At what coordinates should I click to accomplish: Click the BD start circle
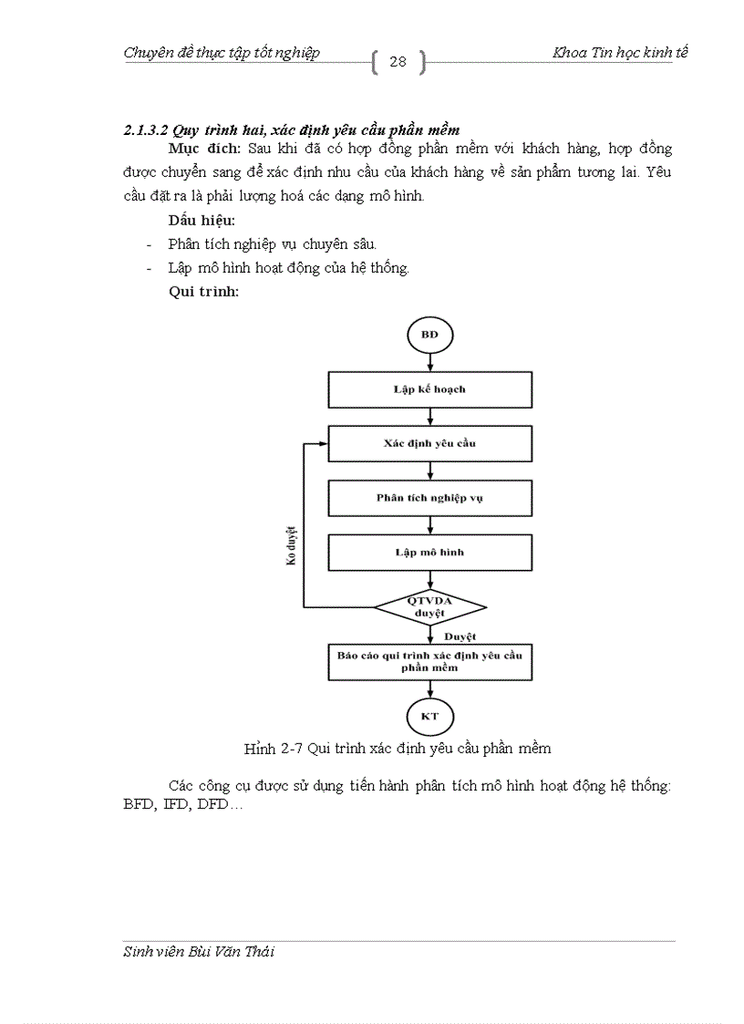point(429,335)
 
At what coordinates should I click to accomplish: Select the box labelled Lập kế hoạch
point(429,389)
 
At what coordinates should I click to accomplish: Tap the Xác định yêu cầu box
point(429,443)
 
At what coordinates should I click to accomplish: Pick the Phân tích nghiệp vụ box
point(429,498)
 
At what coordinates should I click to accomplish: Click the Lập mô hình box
point(429,553)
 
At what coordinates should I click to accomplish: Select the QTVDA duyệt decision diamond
point(429,606)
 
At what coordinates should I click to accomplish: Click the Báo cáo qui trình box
point(429,661)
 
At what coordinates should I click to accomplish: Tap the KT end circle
point(429,716)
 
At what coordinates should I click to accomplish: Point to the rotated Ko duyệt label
point(292,544)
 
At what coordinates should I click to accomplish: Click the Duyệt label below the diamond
point(460,636)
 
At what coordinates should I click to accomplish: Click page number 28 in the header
point(398,62)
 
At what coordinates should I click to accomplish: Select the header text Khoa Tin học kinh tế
point(620,53)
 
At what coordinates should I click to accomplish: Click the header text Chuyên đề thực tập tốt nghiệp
point(222,53)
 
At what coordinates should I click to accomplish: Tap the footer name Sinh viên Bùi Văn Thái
point(199,952)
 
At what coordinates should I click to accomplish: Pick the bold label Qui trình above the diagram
point(203,292)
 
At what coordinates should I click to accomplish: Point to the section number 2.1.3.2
point(149,130)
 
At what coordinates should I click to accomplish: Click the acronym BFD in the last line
point(138,806)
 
